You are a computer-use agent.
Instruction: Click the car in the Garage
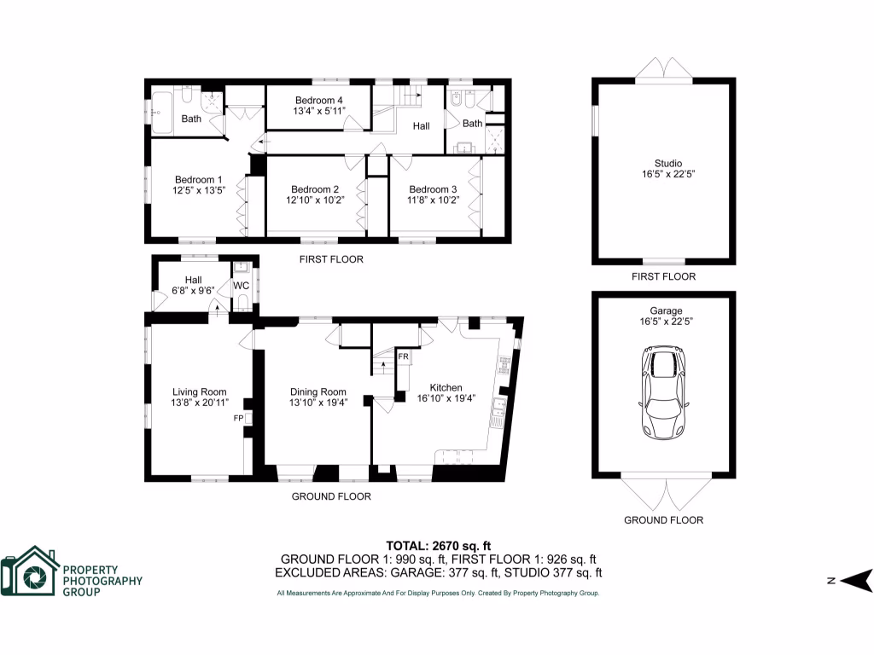pyautogui.click(x=664, y=392)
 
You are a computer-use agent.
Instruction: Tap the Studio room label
pyautogui.click(x=663, y=163)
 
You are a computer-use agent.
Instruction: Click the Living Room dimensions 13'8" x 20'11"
pyautogui.click(x=199, y=403)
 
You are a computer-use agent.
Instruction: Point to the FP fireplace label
pyautogui.click(x=239, y=419)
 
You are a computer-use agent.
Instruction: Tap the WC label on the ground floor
pyautogui.click(x=241, y=285)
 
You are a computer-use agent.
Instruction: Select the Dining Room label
pyautogui.click(x=318, y=392)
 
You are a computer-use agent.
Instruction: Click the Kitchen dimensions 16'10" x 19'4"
pyautogui.click(x=446, y=397)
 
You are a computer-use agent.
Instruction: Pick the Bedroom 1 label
pyautogui.click(x=198, y=179)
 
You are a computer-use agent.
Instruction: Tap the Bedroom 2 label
pyautogui.click(x=315, y=189)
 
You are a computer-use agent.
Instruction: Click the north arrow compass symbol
pyautogui.click(x=856, y=581)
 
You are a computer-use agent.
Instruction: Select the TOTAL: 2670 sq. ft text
pyautogui.click(x=438, y=546)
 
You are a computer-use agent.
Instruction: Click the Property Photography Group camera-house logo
pyautogui.click(x=30, y=571)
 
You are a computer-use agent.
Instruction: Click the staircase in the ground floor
pyautogui.click(x=385, y=362)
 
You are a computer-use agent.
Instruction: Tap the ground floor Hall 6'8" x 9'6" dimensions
pyautogui.click(x=193, y=291)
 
